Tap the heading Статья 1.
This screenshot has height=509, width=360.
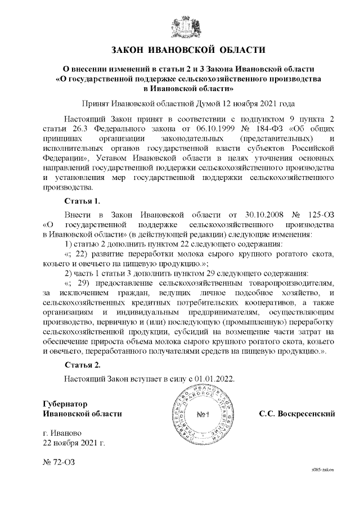click(x=82, y=201)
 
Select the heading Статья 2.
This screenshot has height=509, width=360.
click(x=82, y=364)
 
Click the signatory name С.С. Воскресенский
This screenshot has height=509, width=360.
click(x=297, y=414)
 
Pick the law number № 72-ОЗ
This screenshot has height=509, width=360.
click(x=58, y=463)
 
